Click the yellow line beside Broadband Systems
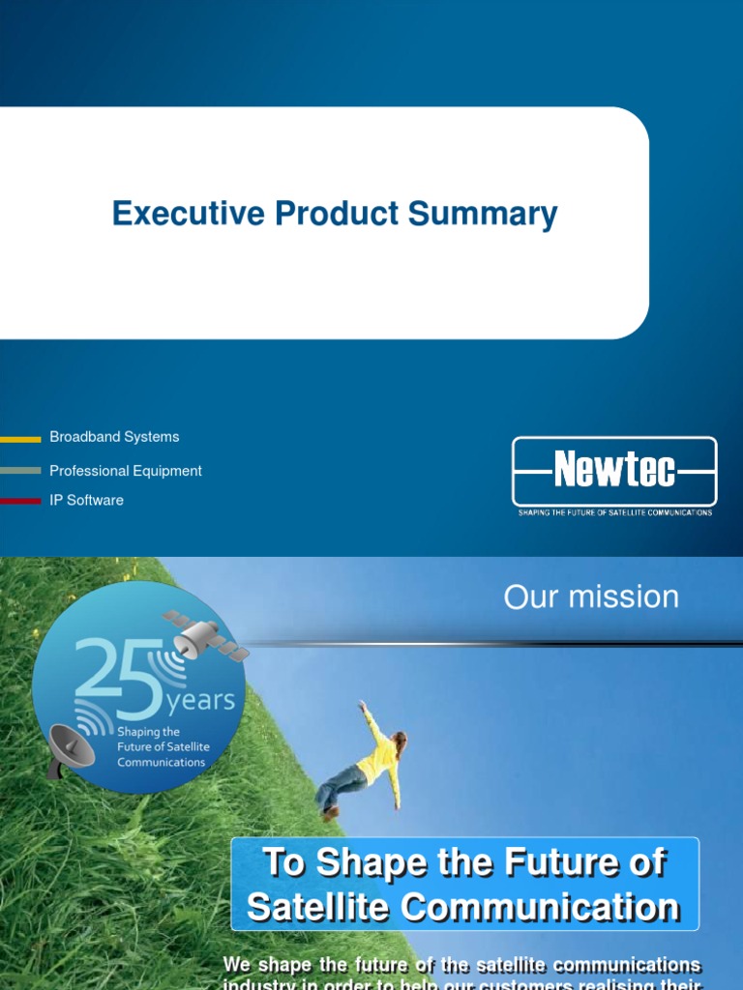tap(20, 439)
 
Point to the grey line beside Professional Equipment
tap(20, 471)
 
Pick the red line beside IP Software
tap(20, 501)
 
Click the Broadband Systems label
tap(114, 437)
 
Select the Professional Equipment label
tap(126, 471)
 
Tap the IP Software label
tap(87, 501)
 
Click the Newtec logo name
tap(614, 472)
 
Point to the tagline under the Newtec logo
tap(614, 512)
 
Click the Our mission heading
tap(591, 597)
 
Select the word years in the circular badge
tap(201, 700)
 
